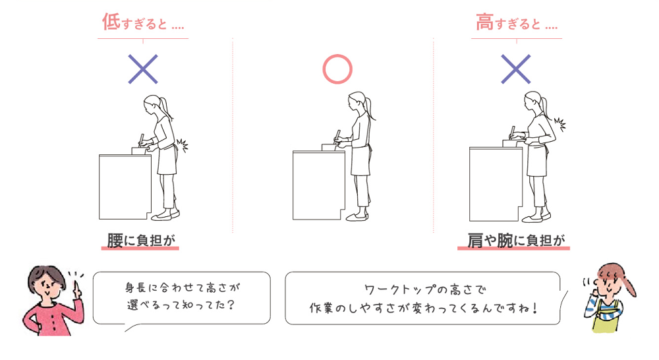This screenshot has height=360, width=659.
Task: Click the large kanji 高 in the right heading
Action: coord(484,22)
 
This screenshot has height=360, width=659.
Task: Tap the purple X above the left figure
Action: coord(143,69)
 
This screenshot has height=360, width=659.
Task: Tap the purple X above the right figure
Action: coord(516,69)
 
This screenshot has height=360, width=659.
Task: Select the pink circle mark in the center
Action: coord(337,69)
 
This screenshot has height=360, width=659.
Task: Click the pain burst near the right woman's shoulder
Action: coord(560,123)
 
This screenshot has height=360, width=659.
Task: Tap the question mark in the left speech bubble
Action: coord(231,305)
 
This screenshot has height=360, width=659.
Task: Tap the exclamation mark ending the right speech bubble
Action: coord(532,307)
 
